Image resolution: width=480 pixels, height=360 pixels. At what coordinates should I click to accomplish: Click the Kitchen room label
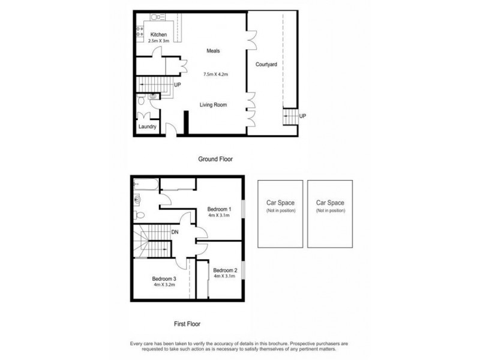[x=158, y=34]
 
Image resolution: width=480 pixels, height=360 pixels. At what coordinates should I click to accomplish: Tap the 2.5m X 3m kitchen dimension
[x=158, y=41]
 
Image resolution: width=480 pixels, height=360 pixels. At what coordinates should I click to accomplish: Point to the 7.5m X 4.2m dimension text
[x=216, y=74]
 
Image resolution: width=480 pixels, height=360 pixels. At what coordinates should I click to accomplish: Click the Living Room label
[x=213, y=104]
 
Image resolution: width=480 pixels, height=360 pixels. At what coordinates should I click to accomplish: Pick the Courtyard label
[x=265, y=64]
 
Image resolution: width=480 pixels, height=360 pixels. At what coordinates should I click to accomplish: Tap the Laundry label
[x=147, y=127]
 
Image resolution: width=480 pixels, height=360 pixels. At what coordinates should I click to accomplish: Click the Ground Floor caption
[x=215, y=159]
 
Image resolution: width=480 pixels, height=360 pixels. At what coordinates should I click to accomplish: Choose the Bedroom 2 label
[x=226, y=270]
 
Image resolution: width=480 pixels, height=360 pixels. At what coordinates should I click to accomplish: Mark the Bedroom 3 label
[x=164, y=279]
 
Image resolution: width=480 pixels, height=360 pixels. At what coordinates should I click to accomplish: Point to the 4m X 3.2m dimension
[x=164, y=286]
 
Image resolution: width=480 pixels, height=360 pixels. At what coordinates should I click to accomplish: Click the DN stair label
[x=175, y=232]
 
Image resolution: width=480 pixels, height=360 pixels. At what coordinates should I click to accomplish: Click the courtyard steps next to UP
[x=290, y=115]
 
